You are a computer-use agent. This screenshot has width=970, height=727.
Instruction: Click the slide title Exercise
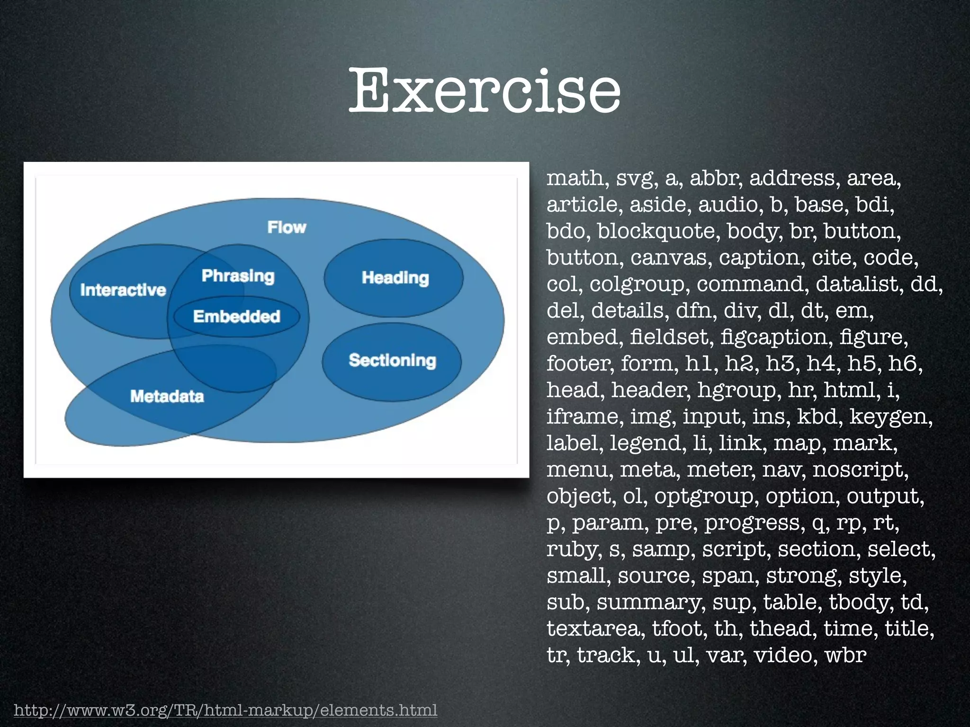click(485, 91)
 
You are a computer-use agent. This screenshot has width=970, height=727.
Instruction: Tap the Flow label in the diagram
click(287, 227)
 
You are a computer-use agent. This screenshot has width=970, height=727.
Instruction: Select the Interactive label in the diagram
click(123, 290)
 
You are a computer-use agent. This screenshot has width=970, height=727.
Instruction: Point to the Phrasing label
click(238, 275)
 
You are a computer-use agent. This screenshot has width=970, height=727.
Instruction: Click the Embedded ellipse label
click(236, 316)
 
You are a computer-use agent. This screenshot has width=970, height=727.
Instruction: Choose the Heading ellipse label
click(395, 278)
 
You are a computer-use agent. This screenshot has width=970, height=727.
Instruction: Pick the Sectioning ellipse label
click(392, 360)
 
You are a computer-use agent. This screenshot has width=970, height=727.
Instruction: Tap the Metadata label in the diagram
click(167, 396)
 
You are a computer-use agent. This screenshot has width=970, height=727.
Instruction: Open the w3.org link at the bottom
click(225, 710)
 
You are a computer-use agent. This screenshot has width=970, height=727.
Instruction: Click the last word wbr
click(845, 656)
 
